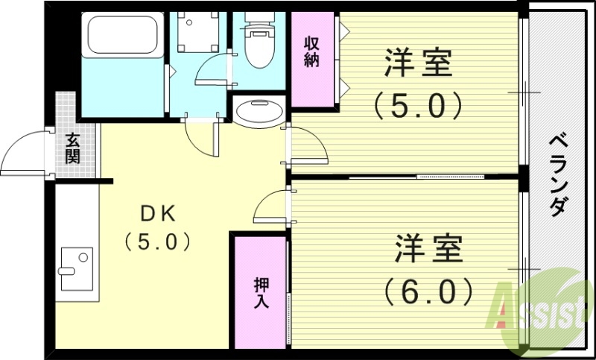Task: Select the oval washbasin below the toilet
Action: pos(259,113)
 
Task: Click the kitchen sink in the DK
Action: pos(76,268)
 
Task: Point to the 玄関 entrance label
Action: pos(72,148)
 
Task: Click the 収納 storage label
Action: pos(311,52)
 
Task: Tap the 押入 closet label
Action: pos(261,294)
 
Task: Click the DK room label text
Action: pos(158,215)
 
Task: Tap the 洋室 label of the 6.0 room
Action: pos(429,248)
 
